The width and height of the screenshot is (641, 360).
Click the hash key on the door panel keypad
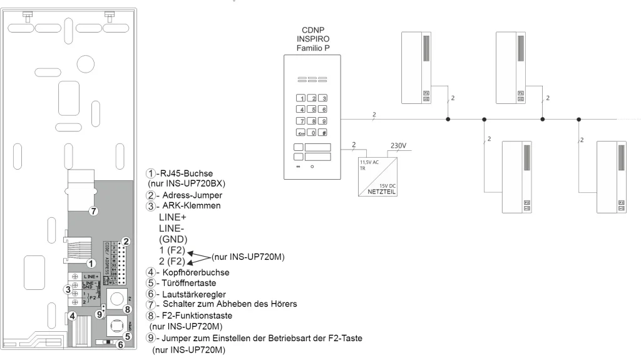(x=323, y=133)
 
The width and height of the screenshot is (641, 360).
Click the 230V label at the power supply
(x=399, y=146)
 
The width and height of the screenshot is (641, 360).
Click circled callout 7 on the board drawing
(x=93, y=211)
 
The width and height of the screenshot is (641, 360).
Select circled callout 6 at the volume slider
(x=121, y=345)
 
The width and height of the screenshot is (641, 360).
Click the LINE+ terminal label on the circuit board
(x=92, y=275)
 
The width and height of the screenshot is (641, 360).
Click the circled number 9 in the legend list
(x=149, y=338)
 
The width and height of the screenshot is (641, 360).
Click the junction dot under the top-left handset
(x=448, y=118)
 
